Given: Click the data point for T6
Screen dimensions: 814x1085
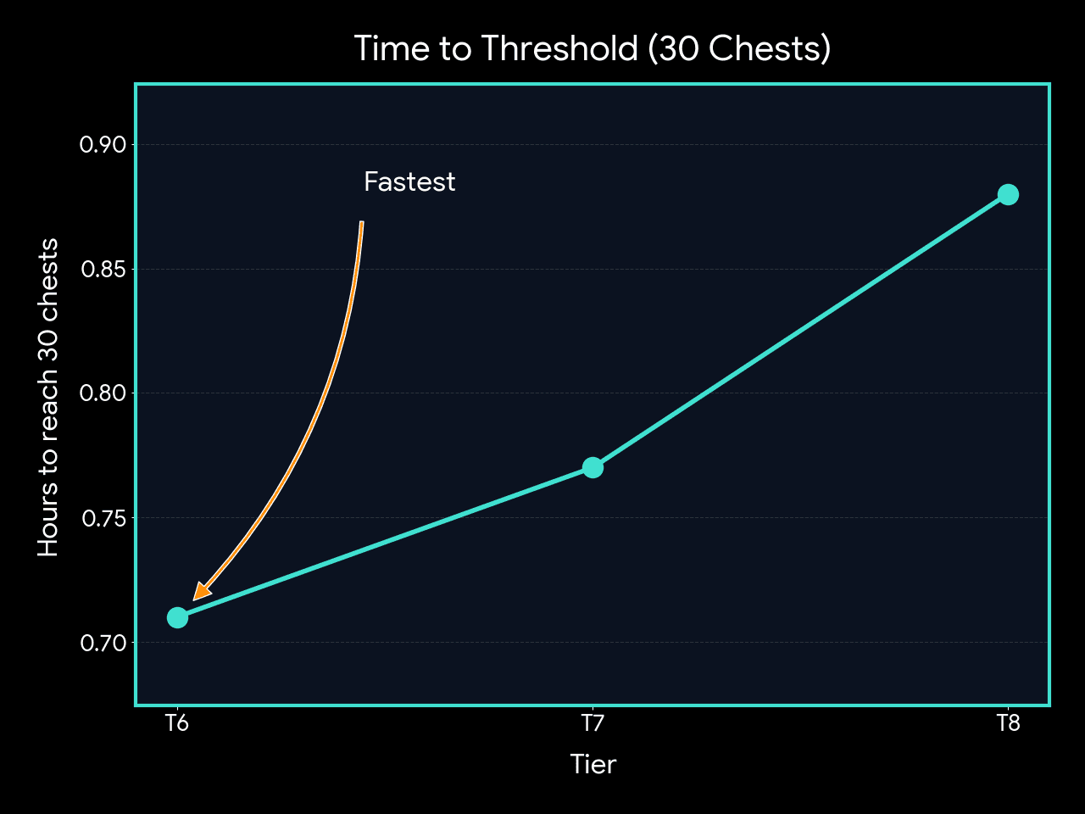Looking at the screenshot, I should coord(177,617).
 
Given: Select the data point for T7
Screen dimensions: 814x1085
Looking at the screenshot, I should coord(593,467).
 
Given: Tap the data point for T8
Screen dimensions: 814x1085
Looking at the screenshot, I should coord(1007,194).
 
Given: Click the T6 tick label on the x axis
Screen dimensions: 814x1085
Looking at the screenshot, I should coord(177,723).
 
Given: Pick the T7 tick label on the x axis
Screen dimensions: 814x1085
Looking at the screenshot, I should coord(593,723).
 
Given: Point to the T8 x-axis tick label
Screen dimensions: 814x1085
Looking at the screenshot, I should coord(1007,723).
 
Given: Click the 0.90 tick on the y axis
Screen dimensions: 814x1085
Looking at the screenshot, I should coord(103,145).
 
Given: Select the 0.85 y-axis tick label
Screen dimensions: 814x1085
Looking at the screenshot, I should coord(103,270).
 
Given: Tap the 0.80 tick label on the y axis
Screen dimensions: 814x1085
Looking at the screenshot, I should coord(103,393).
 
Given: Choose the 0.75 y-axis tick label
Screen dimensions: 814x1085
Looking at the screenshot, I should coord(103,518).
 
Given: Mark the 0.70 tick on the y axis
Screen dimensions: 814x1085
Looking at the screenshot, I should coord(103,643).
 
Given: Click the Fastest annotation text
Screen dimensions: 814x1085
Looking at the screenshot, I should coord(409,182).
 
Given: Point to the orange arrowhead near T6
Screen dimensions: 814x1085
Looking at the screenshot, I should coord(202,591).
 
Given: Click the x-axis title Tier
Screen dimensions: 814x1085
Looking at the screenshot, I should coord(593,764).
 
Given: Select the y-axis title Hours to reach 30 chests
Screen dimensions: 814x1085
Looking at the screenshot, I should coord(48,397).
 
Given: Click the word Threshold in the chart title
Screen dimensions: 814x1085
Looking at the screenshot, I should coord(559,48).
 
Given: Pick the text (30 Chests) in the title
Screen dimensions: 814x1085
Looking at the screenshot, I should coord(739,48).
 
